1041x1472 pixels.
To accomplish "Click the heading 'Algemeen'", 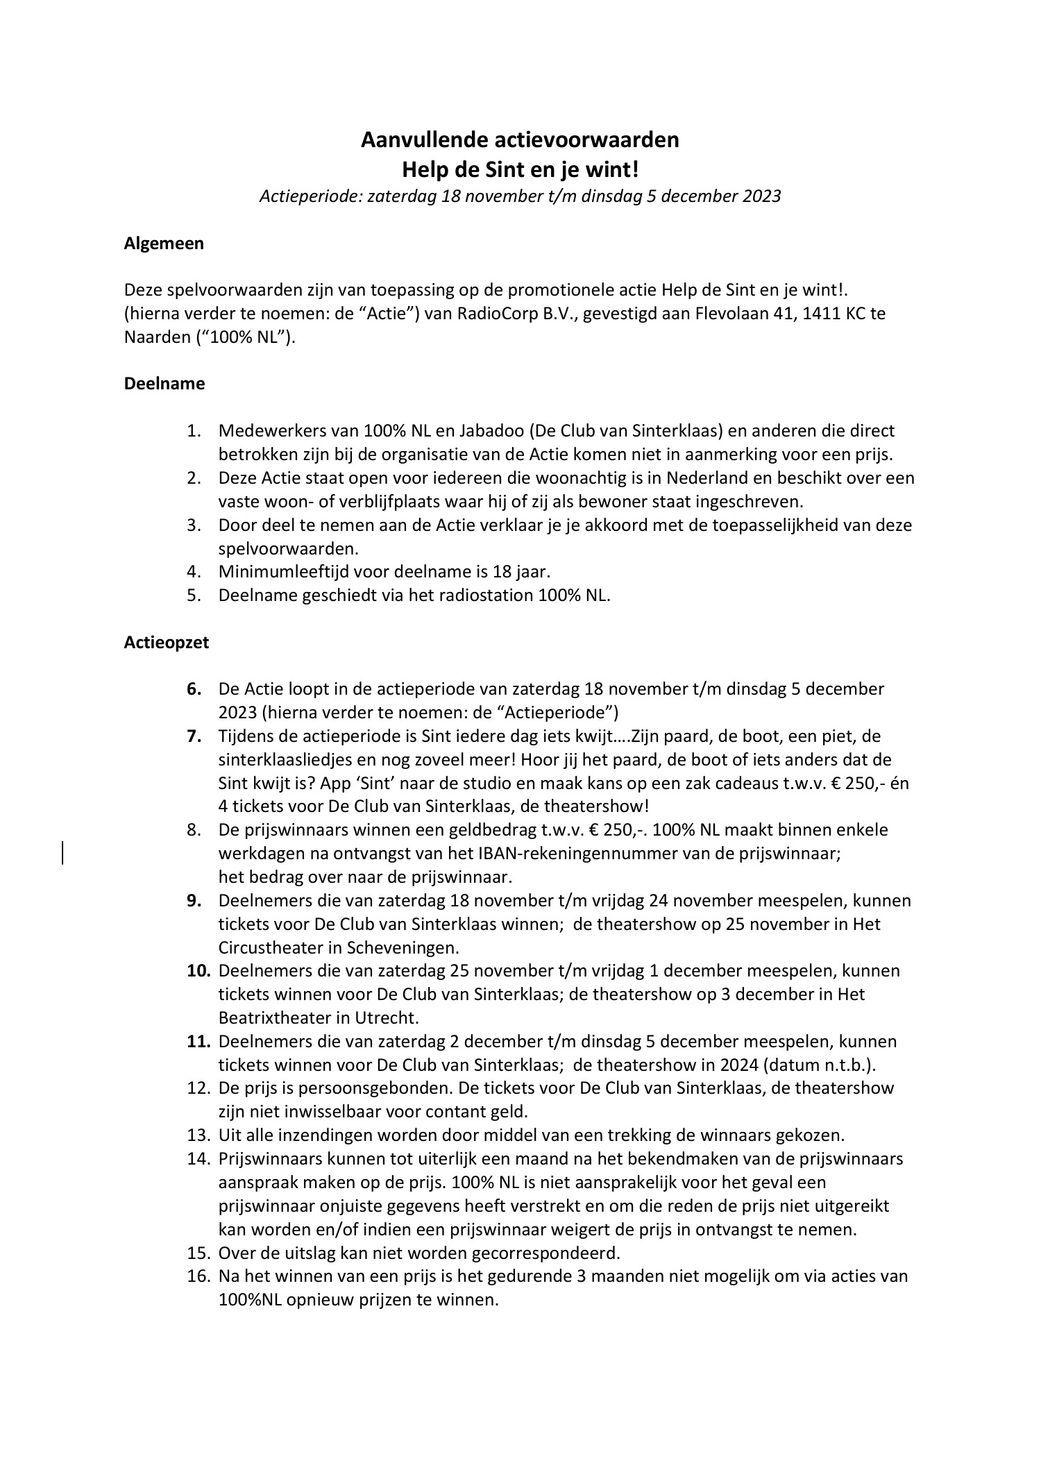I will pyautogui.click(x=164, y=244).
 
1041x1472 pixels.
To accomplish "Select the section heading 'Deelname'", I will pyautogui.click(x=164, y=384).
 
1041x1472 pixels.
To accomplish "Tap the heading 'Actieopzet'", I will pyautogui.click(x=166, y=642).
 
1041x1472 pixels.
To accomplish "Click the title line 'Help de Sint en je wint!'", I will pyautogui.click(x=519, y=168).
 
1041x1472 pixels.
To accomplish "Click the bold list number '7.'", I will pyautogui.click(x=194, y=736).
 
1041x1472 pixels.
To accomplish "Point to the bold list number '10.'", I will pyautogui.click(x=198, y=971).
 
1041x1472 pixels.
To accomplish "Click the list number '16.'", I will pyautogui.click(x=198, y=1276).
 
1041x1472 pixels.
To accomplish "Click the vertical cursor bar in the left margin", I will pyautogui.click(x=63, y=852).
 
